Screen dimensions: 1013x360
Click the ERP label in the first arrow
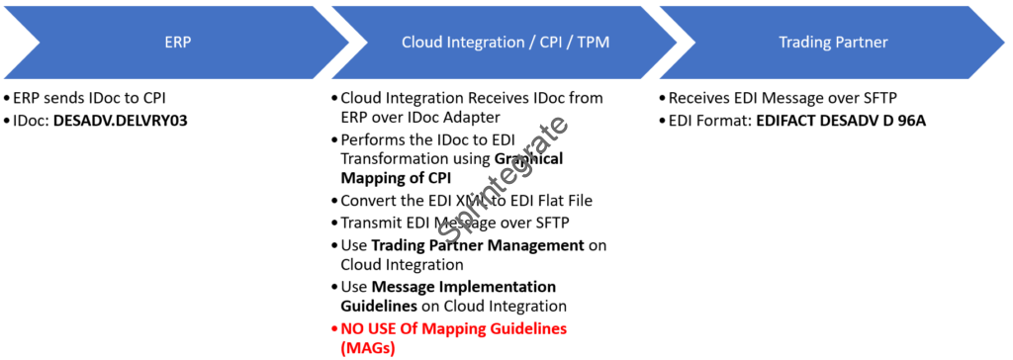[178, 43]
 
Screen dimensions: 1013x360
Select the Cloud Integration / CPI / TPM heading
[506, 43]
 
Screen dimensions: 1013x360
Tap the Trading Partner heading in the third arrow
[833, 43]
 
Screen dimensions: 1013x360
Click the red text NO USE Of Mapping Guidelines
[453, 328]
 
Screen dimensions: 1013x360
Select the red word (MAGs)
[368, 349]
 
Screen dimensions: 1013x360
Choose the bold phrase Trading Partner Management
[478, 245]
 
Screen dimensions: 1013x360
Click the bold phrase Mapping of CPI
[396, 179]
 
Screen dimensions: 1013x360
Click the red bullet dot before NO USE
[334, 329]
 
